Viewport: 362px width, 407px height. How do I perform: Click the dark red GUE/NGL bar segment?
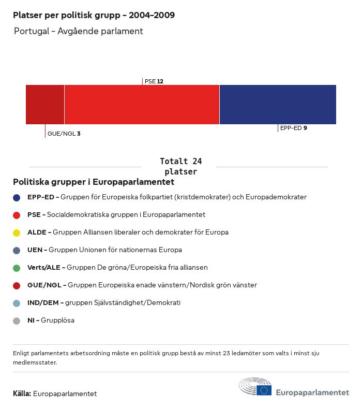coord(45,105)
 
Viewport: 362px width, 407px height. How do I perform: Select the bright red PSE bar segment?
coord(142,105)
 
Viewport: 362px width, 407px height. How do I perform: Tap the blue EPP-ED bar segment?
coord(278,105)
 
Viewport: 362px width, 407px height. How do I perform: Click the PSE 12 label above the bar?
coord(154,81)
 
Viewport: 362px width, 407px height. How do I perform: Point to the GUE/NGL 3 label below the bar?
coord(64,134)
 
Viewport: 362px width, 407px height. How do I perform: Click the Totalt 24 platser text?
coord(180,166)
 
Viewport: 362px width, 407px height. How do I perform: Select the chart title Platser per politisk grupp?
coord(94,15)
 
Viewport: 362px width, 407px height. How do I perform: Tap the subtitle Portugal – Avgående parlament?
coord(78,31)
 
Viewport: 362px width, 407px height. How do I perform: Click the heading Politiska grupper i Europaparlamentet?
coord(94,182)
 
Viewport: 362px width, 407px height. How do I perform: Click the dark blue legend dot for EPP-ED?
coord(17,197)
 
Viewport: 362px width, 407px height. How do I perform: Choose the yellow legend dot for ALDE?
coord(17,232)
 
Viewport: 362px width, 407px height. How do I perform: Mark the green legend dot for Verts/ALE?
coord(17,268)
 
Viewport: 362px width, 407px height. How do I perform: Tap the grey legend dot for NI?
coord(17,321)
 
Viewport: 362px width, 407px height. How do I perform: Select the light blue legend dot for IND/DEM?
coord(17,303)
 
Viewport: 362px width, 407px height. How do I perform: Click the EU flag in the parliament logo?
coord(264,390)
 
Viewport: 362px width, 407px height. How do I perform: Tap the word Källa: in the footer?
coord(22,394)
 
